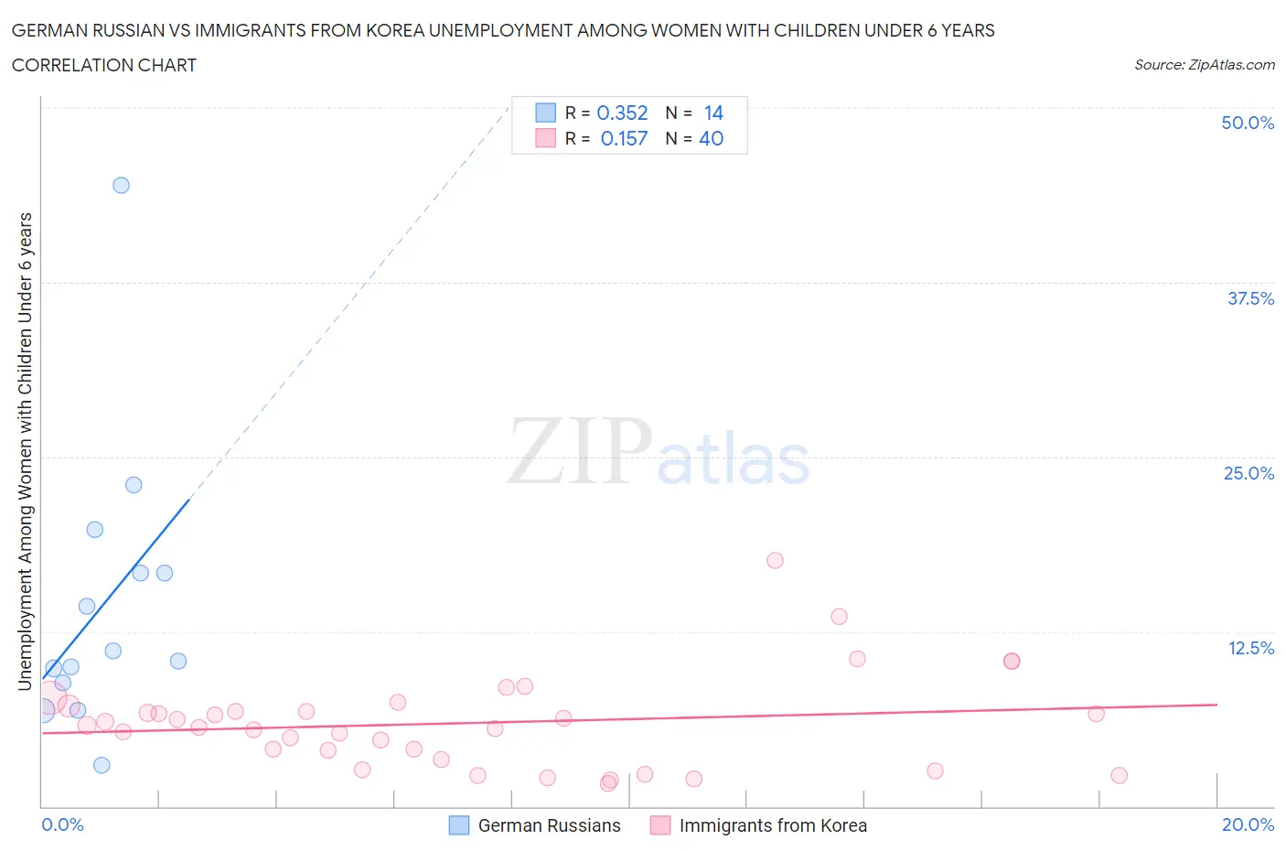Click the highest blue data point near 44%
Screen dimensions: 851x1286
click(121, 185)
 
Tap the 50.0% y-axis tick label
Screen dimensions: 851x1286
click(1247, 123)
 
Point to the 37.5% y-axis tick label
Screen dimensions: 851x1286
click(1249, 298)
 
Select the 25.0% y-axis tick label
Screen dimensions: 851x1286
click(1248, 473)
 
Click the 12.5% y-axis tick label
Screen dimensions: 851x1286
click(1249, 648)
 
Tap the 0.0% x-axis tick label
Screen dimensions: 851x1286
click(62, 824)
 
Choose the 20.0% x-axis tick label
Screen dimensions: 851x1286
click(1247, 824)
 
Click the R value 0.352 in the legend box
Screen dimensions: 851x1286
click(622, 113)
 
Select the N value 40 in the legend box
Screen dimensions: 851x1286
click(711, 138)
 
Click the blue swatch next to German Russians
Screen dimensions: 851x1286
click(458, 825)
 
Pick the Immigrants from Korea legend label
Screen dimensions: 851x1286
click(773, 825)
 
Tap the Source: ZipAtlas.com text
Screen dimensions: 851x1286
click(1204, 64)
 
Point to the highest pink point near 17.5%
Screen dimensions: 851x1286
click(775, 560)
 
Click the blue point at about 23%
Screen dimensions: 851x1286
click(134, 485)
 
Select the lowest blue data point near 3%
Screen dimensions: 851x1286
click(102, 765)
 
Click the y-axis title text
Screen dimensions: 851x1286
click(26, 451)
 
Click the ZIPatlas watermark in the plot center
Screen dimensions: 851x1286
click(659, 451)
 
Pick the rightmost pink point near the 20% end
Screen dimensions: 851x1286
click(1119, 775)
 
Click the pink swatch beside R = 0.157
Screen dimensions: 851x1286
click(545, 138)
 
